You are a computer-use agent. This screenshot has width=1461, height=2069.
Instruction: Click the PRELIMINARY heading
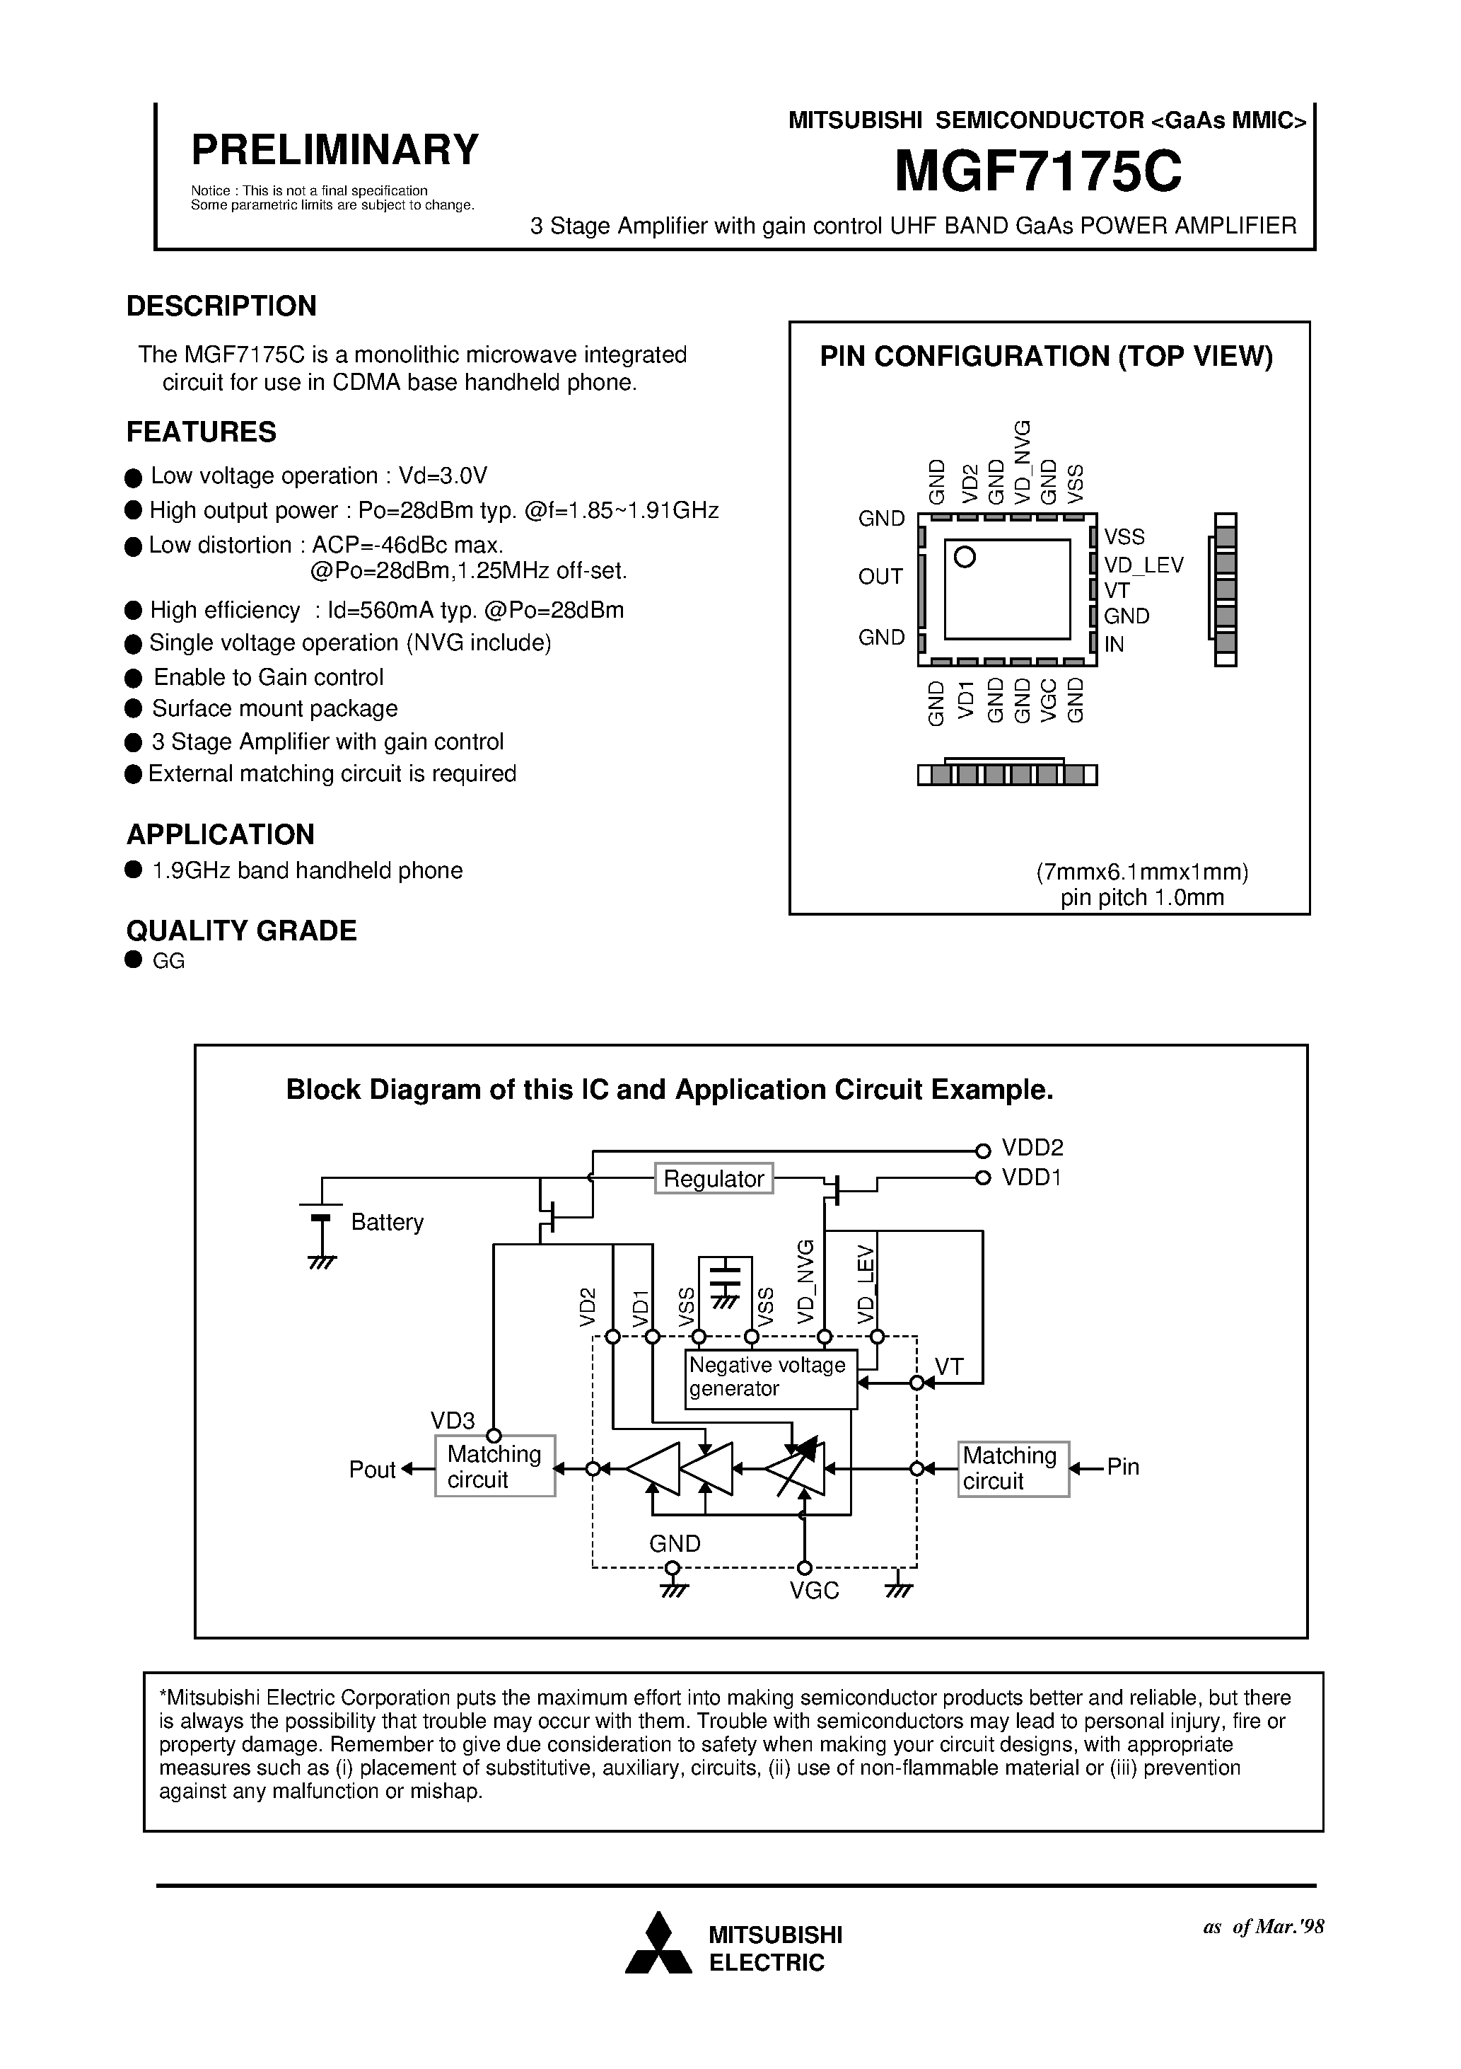(334, 149)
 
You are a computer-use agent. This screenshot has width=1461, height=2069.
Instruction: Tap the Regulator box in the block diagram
(714, 1179)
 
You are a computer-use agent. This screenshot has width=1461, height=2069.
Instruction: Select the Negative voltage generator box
(770, 1378)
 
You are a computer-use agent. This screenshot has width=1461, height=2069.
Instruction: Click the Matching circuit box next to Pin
(1013, 1469)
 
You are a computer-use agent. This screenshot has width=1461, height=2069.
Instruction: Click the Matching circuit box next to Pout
(494, 1467)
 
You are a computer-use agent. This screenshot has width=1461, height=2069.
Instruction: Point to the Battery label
(388, 1223)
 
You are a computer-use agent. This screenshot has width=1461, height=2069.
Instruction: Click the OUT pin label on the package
(880, 577)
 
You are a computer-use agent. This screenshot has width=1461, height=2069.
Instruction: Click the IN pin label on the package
(1114, 645)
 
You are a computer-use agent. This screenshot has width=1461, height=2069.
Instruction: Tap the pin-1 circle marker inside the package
(965, 558)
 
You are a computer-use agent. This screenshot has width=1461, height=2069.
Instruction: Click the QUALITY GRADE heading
(241, 931)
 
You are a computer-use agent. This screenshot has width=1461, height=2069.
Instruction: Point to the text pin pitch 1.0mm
(1141, 897)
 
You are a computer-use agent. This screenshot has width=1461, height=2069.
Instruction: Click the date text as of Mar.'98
(1263, 1927)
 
